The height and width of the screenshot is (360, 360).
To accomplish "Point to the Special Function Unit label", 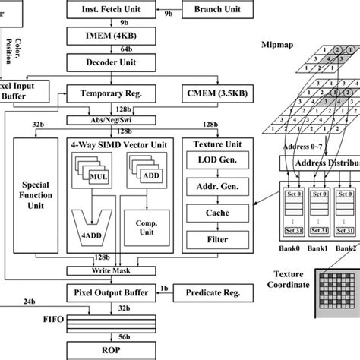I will click(x=36, y=194).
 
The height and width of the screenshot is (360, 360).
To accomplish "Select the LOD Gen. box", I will click(x=219, y=160).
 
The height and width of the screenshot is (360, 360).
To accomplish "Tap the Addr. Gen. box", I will click(x=219, y=187).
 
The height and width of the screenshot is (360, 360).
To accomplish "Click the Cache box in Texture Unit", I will click(x=219, y=213).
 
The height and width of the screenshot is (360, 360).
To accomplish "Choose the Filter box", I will click(x=219, y=239).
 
